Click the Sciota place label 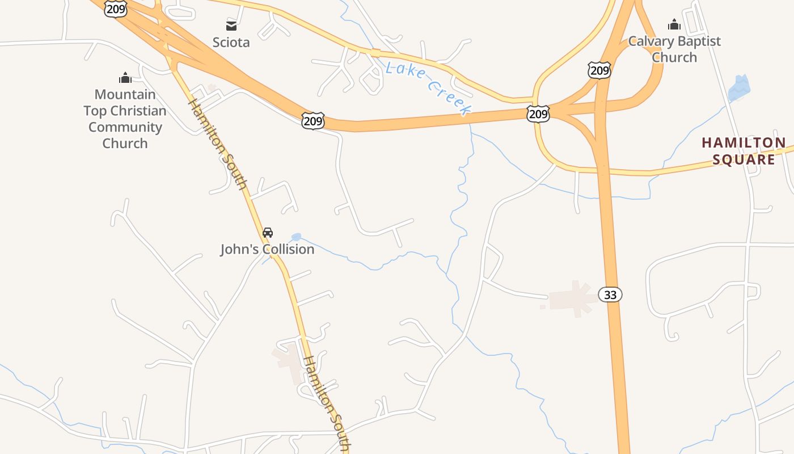(x=231, y=43)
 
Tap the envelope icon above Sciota (x=231, y=26)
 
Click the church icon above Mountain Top (x=125, y=78)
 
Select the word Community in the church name (x=125, y=127)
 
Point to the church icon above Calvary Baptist (x=674, y=24)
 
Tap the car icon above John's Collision (x=268, y=233)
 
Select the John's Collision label (x=267, y=249)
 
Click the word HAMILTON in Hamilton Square (x=744, y=143)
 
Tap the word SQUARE (x=744, y=159)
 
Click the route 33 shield (x=610, y=295)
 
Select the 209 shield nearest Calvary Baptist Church (x=599, y=71)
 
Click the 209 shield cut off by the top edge (x=115, y=8)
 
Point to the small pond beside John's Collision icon (x=295, y=237)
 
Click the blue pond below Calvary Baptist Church (x=738, y=89)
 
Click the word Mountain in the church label (x=125, y=94)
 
